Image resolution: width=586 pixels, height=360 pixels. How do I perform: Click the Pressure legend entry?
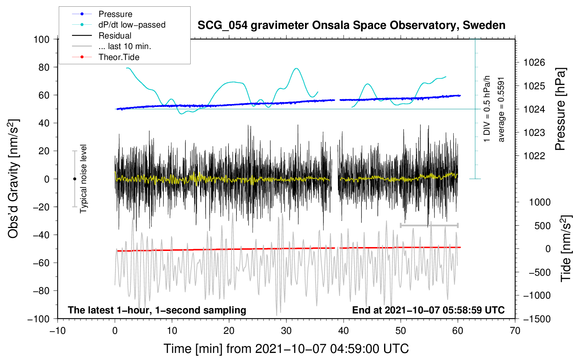(x=115, y=14)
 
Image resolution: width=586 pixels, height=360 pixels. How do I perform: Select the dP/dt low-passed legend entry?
(x=132, y=25)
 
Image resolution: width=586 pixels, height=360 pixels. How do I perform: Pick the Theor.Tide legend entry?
(x=119, y=57)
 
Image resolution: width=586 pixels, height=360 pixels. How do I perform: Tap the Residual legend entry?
(x=115, y=36)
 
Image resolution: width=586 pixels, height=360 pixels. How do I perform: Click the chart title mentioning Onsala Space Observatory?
(x=351, y=25)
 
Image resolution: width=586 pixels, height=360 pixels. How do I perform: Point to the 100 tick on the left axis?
(x=42, y=39)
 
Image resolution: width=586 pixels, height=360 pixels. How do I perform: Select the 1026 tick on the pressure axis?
(x=534, y=63)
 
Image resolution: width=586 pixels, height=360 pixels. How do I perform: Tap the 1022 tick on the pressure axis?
(x=534, y=156)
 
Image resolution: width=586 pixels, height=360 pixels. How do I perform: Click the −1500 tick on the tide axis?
(x=537, y=319)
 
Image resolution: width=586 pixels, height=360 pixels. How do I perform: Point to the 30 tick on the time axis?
(x=286, y=331)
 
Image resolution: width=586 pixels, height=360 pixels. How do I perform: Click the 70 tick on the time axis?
(x=515, y=331)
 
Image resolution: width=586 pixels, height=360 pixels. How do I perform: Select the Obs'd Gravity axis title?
(x=13, y=179)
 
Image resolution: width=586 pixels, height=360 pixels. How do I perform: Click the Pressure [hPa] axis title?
(x=560, y=109)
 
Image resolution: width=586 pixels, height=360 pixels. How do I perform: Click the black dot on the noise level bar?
(x=74, y=179)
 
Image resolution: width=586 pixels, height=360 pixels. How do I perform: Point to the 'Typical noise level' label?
(x=83, y=179)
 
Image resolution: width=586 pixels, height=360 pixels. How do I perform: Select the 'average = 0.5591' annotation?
(x=501, y=109)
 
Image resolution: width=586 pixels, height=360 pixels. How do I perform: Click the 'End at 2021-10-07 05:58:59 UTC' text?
(x=428, y=310)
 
